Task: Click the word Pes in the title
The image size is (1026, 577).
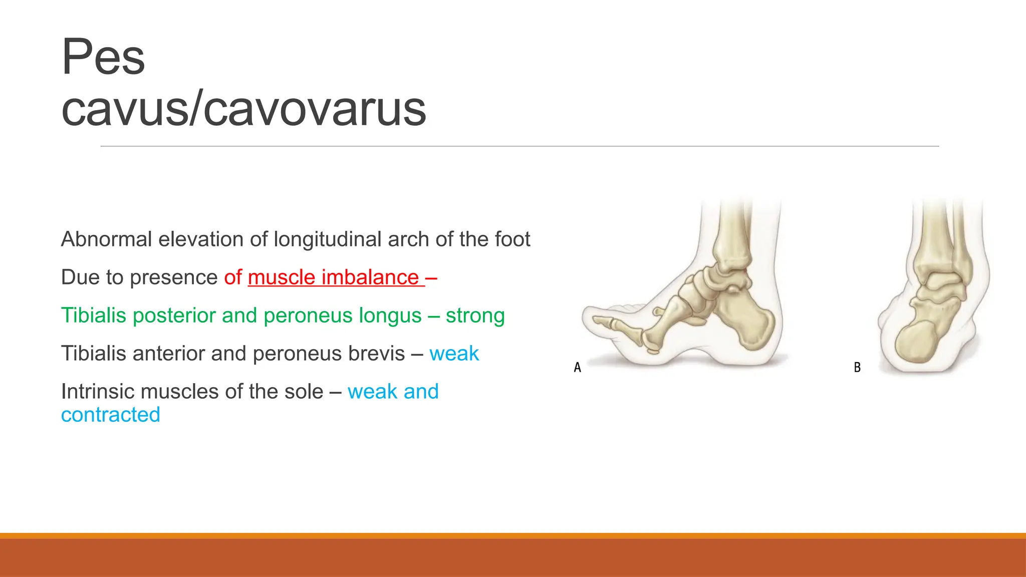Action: (x=103, y=58)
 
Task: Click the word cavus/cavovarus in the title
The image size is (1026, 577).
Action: (x=243, y=109)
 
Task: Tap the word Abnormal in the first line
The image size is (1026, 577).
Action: (x=106, y=239)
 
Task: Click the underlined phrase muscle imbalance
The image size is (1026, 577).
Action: (x=333, y=277)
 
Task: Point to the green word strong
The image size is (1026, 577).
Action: (x=475, y=316)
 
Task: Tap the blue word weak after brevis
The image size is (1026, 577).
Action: (x=454, y=354)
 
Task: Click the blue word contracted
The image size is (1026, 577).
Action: (x=111, y=415)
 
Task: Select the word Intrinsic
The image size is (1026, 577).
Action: (x=97, y=392)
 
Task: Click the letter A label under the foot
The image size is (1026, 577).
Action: (x=577, y=368)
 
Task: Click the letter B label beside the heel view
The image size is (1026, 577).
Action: (x=857, y=368)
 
